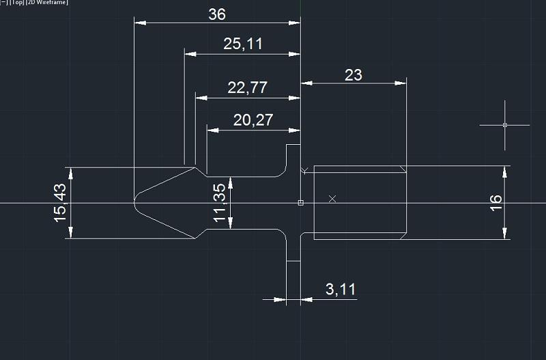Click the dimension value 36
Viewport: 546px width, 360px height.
[217, 14]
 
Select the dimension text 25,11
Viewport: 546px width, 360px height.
[243, 44]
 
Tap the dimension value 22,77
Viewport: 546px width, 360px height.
[247, 87]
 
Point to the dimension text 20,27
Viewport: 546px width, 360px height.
[253, 120]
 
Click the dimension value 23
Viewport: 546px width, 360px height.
[354, 75]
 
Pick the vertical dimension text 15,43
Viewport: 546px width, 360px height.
[60, 203]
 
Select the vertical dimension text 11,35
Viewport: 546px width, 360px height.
[220, 203]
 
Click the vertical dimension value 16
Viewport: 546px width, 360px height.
[496, 203]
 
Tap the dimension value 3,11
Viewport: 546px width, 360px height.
[341, 289]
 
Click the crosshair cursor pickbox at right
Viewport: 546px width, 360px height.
[505, 125]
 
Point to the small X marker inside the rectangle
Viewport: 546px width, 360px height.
[332, 199]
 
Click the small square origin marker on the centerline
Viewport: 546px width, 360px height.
[301, 203]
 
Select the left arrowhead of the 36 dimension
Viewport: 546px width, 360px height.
[140, 23]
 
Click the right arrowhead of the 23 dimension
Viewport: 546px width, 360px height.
[401, 83]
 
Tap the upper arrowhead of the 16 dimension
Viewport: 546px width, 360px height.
[505, 172]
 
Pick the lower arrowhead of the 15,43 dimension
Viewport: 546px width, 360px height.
[71, 232]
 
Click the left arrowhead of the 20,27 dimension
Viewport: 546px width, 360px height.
[213, 130]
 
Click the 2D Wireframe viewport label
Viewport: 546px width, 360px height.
[47, 3]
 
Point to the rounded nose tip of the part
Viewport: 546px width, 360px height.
[134, 202]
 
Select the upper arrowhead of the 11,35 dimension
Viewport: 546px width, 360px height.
[230, 183]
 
